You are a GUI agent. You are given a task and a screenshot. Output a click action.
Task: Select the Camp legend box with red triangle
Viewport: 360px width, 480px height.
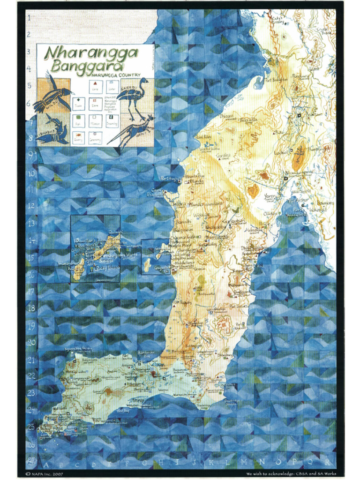[96, 85]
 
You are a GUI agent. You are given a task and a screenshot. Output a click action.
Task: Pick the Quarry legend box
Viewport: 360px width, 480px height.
[78, 137]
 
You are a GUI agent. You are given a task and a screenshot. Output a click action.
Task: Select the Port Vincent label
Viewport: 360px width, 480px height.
[240, 326]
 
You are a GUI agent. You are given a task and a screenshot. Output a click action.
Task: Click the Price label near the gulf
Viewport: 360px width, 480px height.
[265, 224]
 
